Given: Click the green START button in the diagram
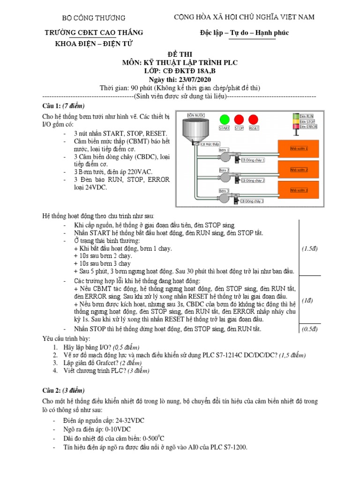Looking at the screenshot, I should tap(225, 120).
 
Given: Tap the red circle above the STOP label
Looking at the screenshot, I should tap(239, 120).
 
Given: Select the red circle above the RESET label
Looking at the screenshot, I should tap(254, 120).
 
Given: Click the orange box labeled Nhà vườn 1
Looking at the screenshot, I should tap(299, 149).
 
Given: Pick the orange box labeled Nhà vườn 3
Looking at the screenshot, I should tap(299, 190).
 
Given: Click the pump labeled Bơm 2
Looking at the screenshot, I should tap(227, 177).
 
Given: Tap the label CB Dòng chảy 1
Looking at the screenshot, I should tap(253, 160).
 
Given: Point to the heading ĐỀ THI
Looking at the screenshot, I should tap(180, 54).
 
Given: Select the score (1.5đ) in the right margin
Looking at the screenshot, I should tap(310, 248).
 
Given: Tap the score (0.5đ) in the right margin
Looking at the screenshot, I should tap(310, 329).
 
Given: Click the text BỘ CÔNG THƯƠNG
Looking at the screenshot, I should tap(94, 18).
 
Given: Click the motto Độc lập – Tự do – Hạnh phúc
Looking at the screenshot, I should tap(242, 33).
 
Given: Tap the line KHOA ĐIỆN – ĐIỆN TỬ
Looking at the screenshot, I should tap(94, 43).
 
